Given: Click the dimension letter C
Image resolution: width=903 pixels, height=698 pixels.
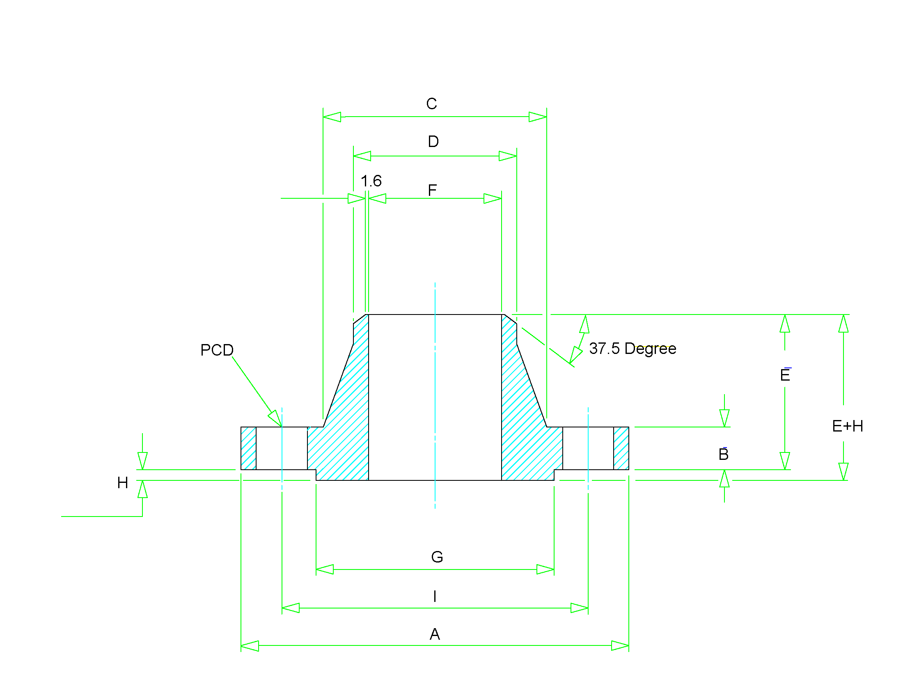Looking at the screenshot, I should pyautogui.click(x=431, y=104).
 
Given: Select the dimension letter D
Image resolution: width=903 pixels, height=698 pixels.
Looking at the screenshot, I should pyautogui.click(x=433, y=142).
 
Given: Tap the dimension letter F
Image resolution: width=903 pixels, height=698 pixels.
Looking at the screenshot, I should pyautogui.click(x=432, y=190).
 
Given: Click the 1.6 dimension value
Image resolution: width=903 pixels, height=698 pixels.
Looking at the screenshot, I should pyautogui.click(x=371, y=181).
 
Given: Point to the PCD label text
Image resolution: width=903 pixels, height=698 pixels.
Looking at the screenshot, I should pyautogui.click(x=217, y=350).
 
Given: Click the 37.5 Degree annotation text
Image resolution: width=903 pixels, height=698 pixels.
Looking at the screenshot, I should pyautogui.click(x=632, y=349).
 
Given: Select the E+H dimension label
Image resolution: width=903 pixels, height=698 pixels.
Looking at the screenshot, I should pyautogui.click(x=847, y=426).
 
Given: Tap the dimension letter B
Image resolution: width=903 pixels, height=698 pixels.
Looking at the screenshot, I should pyautogui.click(x=723, y=455).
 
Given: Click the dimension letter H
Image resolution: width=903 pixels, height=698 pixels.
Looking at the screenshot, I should pyautogui.click(x=122, y=483).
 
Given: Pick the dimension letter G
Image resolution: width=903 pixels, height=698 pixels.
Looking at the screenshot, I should pyautogui.click(x=437, y=557).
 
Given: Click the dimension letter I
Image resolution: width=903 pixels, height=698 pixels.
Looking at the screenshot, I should pyautogui.click(x=435, y=596).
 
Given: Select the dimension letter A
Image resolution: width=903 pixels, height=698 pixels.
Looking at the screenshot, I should pyautogui.click(x=435, y=634).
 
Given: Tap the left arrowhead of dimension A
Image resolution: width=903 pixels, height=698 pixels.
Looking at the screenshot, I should pyautogui.click(x=250, y=645).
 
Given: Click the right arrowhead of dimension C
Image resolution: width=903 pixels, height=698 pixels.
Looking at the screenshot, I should pyautogui.click(x=538, y=117).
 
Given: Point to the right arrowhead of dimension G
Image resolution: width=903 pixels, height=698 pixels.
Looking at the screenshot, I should pyautogui.click(x=545, y=569).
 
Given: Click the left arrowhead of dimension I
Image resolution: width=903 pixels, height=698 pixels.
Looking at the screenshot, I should pyautogui.click(x=290, y=608).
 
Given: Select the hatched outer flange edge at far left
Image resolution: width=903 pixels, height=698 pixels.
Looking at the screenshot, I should pyautogui.click(x=248, y=448).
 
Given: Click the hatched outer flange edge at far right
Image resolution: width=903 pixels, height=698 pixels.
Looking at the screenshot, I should pyautogui.click(x=621, y=448).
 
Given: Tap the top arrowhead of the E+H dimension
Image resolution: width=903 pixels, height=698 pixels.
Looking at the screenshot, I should pyautogui.click(x=843, y=324).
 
